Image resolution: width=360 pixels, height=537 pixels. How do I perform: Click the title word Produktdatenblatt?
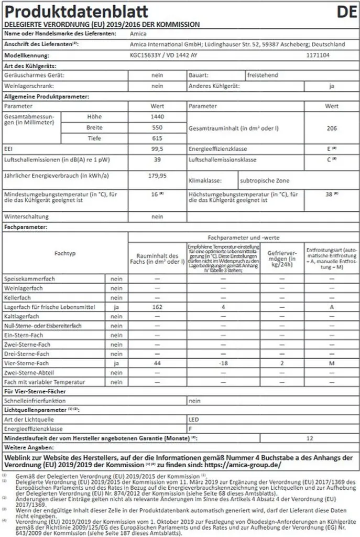tap(76, 12)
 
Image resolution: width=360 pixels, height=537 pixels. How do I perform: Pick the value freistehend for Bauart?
tap(264, 76)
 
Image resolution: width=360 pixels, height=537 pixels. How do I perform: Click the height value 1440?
tap(157, 116)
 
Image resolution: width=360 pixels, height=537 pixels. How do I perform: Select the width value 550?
tap(157, 127)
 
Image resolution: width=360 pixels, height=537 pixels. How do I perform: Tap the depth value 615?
tap(157, 138)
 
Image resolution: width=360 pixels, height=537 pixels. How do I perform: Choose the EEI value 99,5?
tap(157, 149)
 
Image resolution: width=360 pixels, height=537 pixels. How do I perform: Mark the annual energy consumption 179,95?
tap(157, 176)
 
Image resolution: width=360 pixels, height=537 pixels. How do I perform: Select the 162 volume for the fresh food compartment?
tap(157, 307)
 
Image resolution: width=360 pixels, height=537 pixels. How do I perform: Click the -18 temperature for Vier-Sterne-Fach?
tap(223, 363)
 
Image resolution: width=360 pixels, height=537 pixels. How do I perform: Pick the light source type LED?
tap(193, 420)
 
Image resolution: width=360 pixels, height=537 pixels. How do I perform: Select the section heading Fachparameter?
tap(26, 227)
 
